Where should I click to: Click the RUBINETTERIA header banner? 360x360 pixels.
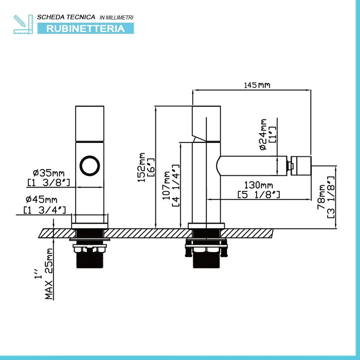click(85, 28)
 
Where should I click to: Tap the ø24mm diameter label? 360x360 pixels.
click(263, 135)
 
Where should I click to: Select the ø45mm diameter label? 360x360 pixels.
click(45, 200)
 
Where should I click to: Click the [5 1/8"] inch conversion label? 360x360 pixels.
click(259, 194)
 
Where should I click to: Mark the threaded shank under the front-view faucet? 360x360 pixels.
click(90, 257)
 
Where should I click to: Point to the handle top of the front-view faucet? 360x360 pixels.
click(91, 123)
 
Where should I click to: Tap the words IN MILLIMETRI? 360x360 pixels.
click(116, 17)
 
